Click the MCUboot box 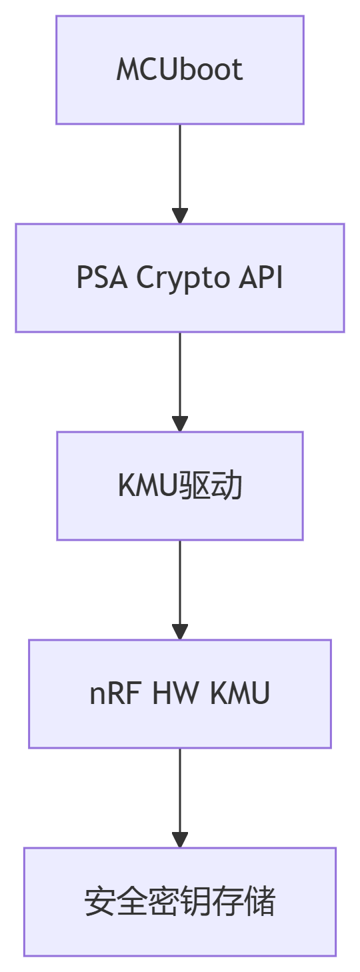click(179, 70)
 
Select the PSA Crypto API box click(179, 278)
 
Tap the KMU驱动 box click(179, 486)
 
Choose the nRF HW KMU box click(179, 694)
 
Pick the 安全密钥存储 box click(179, 902)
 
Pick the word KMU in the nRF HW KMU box click(240, 694)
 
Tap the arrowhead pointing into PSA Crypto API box click(179, 216)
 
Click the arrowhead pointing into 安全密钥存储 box click(179, 840)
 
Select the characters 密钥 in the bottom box click(179, 902)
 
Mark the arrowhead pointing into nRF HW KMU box click(179, 632)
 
